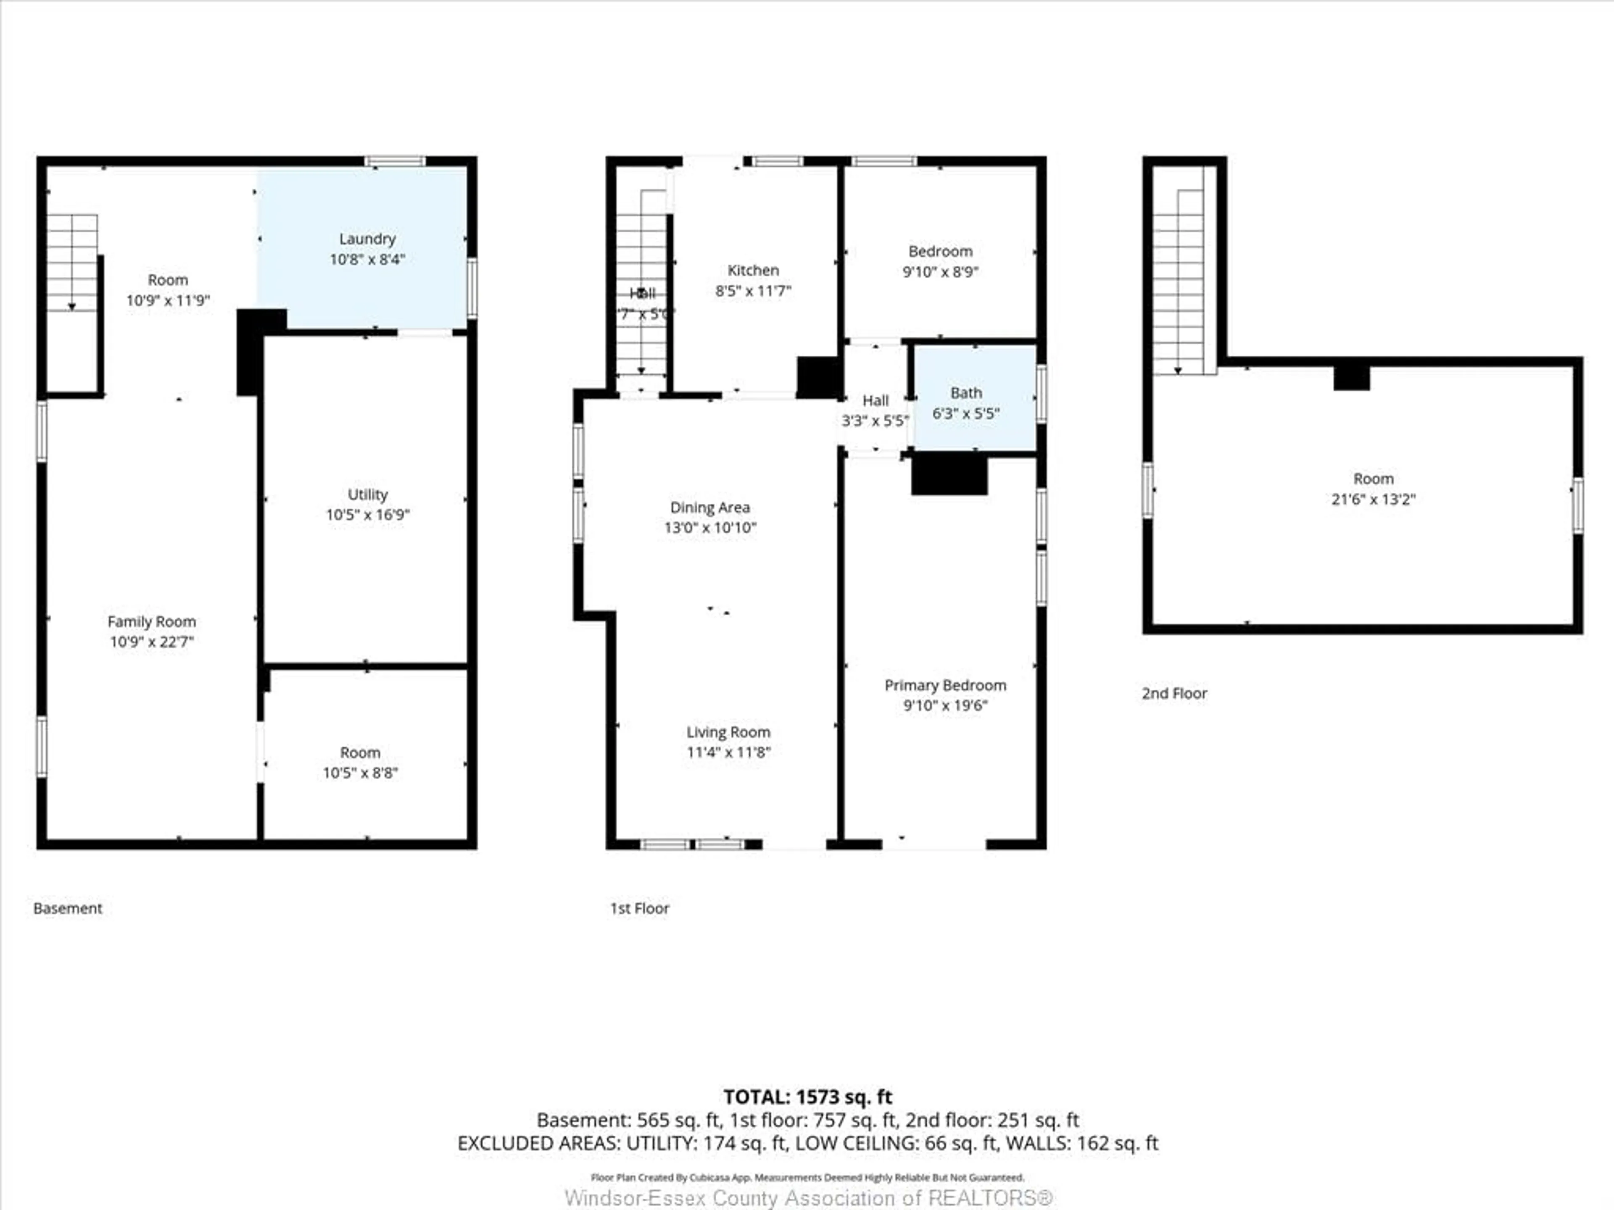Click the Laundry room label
pyautogui.click(x=367, y=239)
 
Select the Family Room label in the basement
pyautogui.click(x=152, y=621)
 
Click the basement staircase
pyautogui.click(x=72, y=263)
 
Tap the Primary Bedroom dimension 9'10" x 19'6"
pyautogui.click(x=945, y=705)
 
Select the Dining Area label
pyautogui.click(x=710, y=508)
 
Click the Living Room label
pyautogui.click(x=728, y=732)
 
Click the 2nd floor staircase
pyautogui.click(x=1178, y=281)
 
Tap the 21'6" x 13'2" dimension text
pyautogui.click(x=1373, y=500)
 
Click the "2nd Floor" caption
pyautogui.click(x=1174, y=694)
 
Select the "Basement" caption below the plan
pyautogui.click(x=68, y=908)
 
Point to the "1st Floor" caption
pyautogui.click(x=639, y=908)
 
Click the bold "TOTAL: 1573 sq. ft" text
pyautogui.click(x=807, y=1097)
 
